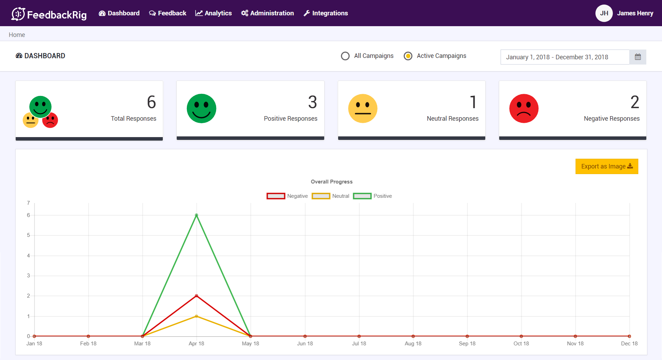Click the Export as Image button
pyautogui.click(x=607, y=166)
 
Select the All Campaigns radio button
pyautogui.click(x=345, y=56)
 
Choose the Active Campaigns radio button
pyautogui.click(x=408, y=56)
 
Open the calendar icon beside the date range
pyautogui.click(x=638, y=57)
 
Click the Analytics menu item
pyautogui.click(x=213, y=13)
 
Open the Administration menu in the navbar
pyautogui.click(x=267, y=13)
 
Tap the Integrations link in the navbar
pyautogui.click(x=326, y=13)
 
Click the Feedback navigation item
pyautogui.click(x=168, y=13)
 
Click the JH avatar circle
pyautogui.click(x=604, y=13)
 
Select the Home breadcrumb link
pyautogui.click(x=17, y=35)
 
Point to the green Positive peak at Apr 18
pyautogui.click(x=197, y=215)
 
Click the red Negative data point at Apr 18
pyautogui.click(x=197, y=296)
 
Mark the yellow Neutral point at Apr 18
pyautogui.click(x=197, y=316)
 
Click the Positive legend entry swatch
pyautogui.click(x=362, y=196)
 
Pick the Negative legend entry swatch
pyautogui.click(x=276, y=196)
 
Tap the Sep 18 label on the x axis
pyautogui.click(x=467, y=344)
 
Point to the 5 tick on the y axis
pyautogui.click(x=29, y=235)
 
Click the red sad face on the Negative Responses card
pyautogui.click(x=524, y=108)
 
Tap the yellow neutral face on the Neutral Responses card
pyautogui.click(x=363, y=108)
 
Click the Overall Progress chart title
pyautogui.click(x=332, y=182)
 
